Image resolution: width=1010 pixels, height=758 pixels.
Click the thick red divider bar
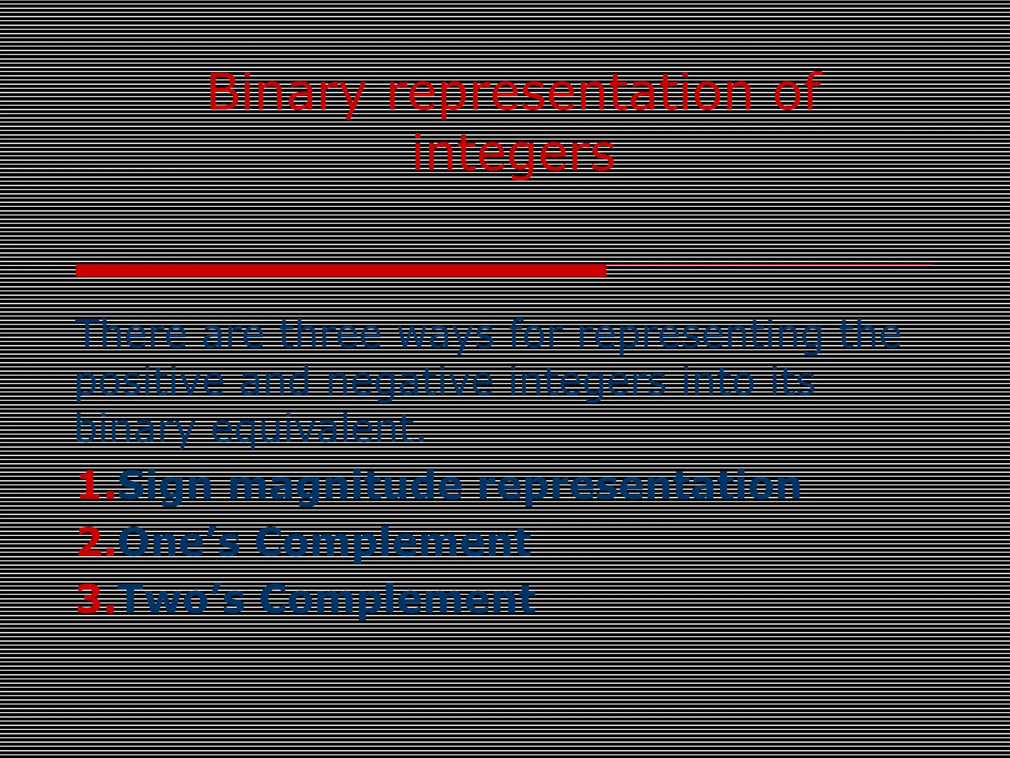pyautogui.click(x=341, y=270)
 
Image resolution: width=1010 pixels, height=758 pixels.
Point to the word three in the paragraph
pyautogui.click(x=330, y=334)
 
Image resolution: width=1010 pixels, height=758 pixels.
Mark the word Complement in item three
pyautogui.click(x=397, y=598)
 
